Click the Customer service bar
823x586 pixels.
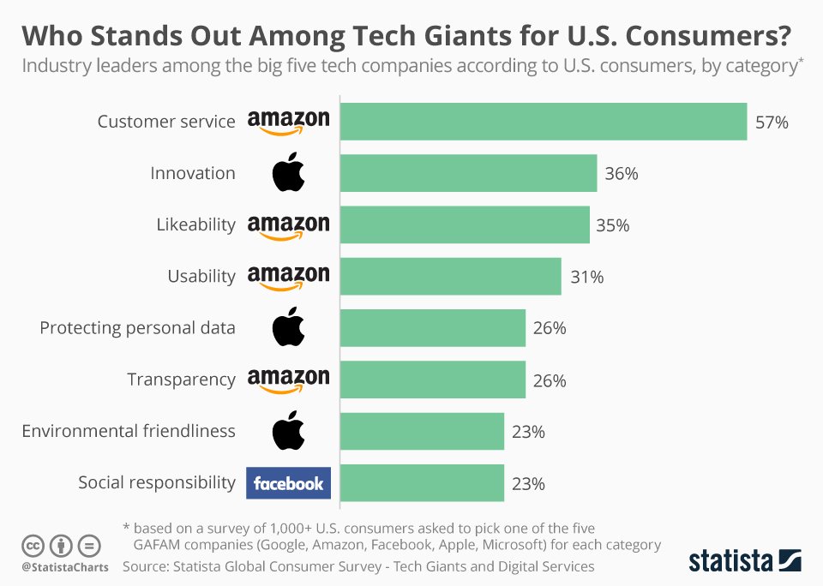pos(544,122)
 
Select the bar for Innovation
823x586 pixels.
pos(468,173)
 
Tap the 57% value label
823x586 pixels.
pos(772,123)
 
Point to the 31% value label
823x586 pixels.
pos(587,277)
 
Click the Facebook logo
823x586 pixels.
pos(288,483)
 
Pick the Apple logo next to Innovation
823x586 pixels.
pos(288,172)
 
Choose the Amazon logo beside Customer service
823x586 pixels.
pos(288,123)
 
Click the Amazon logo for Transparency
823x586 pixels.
pos(288,380)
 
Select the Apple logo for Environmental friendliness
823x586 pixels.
pos(288,431)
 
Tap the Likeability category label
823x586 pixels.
pos(195,224)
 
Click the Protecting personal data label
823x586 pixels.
pos(137,328)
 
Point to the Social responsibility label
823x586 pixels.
pos(156,482)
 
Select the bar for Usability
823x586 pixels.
pos(450,277)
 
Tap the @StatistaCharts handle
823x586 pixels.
pos(64,567)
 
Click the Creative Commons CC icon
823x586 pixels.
pos(33,545)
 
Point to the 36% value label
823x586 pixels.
pos(622,174)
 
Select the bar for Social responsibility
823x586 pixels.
pos(422,483)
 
